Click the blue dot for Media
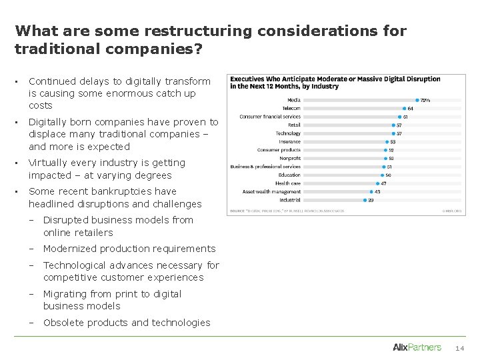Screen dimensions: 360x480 click(x=417, y=100)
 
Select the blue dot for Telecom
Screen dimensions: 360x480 click(x=404, y=108)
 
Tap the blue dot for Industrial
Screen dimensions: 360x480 click(x=364, y=199)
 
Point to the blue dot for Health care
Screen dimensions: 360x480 click(x=376, y=183)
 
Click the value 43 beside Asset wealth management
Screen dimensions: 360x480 click(x=377, y=191)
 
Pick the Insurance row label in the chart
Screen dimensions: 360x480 click(x=289, y=141)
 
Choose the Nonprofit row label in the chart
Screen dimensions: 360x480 click(x=289, y=158)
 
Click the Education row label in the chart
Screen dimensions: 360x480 click(x=289, y=175)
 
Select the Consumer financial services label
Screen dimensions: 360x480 click(x=270, y=117)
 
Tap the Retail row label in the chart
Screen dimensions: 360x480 click(x=293, y=125)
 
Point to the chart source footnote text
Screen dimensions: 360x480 click(x=287, y=211)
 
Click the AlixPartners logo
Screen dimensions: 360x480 click(x=417, y=347)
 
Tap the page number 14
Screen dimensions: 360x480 click(x=460, y=348)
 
